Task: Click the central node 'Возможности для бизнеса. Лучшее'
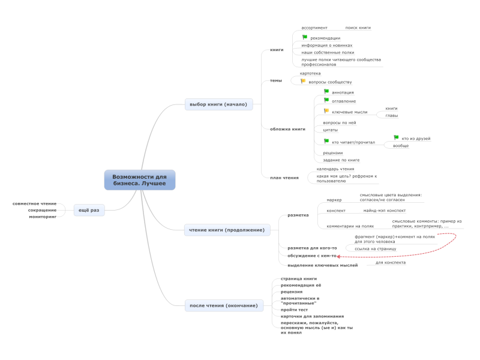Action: pos(139,180)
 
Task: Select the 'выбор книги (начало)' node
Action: pos(218,104)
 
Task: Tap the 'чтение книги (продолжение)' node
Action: pos(227,230)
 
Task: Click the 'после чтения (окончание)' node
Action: pos(224,306)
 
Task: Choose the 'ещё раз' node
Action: pos(89,210)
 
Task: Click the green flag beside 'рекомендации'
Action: pos(305,37)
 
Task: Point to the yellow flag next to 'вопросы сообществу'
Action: pos(303,81)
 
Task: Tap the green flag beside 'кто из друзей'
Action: pos(396,138)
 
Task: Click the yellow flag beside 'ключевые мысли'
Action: pos(326,111)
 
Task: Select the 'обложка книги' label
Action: pos(287,129)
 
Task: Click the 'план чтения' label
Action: pos(284,178)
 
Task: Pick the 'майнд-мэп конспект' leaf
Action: pos(384,211)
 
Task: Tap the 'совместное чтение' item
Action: pos(34,203)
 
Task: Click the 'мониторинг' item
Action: pos(43,217)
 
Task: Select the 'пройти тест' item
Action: pos(294,310)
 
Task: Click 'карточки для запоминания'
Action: pos(312,316)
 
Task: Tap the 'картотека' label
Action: pos(310,73)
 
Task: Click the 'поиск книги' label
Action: pos(358,28)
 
